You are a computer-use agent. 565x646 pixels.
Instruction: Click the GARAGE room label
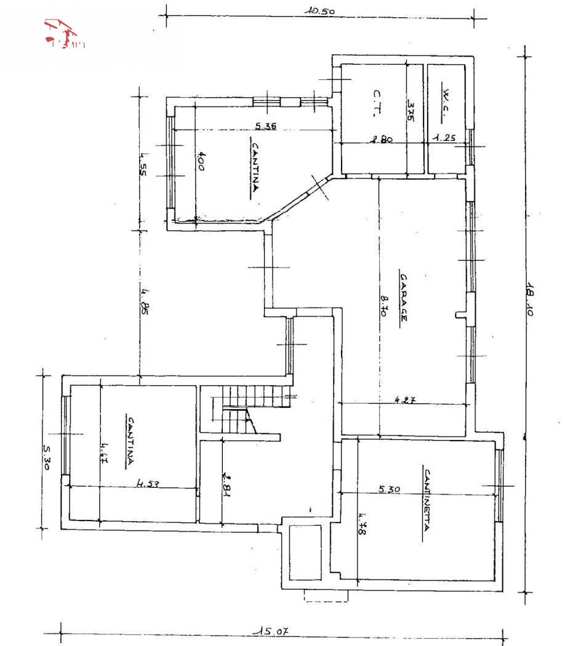click(x=403, y=298)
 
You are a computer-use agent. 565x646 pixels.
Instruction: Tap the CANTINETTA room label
click(x=426, y=505)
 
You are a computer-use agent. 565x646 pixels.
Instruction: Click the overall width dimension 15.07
click(x=273, y=631)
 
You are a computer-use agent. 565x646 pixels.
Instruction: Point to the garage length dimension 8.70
click(x=383, y=304)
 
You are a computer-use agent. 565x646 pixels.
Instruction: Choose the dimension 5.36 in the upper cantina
click(x=266, y=127)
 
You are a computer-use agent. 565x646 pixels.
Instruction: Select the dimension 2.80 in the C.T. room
click(x=381, y=140)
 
